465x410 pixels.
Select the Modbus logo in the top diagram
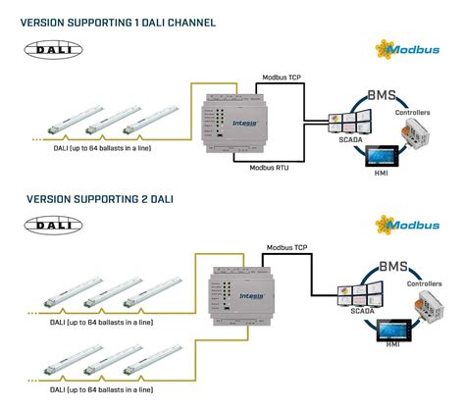click(403, 48)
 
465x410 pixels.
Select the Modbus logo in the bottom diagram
click(403, 225)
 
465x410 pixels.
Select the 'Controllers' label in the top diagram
click(411, 113)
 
